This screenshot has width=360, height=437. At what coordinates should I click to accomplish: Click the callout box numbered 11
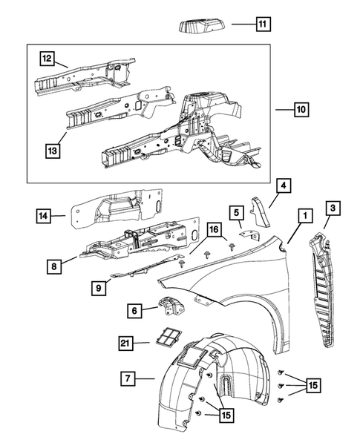tap(264, 24)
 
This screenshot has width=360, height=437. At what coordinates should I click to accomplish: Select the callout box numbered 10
tap(301, 110)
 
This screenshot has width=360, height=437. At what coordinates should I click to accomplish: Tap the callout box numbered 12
tap(47, 59)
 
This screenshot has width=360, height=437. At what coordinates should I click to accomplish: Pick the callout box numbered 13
tap(53, 151)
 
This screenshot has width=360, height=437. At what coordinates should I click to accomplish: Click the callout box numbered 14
tap(43, 216)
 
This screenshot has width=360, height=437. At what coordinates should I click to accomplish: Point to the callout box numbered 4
tap(284, 185)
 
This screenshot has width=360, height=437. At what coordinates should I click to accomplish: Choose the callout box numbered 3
tap(333, 208)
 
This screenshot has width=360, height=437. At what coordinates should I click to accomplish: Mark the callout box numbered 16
tap(215, 229)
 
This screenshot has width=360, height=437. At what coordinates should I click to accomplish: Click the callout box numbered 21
tap(125, 343)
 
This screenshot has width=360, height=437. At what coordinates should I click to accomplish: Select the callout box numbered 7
tap(128, 378)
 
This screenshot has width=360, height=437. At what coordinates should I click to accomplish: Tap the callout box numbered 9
tap(99, 288)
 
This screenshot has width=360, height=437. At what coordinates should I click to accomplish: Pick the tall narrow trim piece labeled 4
tap(261, 211)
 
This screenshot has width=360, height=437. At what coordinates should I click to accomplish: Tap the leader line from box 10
tap(285, 110)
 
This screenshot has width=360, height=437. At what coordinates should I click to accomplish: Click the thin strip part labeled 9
tap(148, 266)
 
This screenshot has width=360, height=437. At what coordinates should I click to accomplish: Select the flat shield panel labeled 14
tap(117, 208)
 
